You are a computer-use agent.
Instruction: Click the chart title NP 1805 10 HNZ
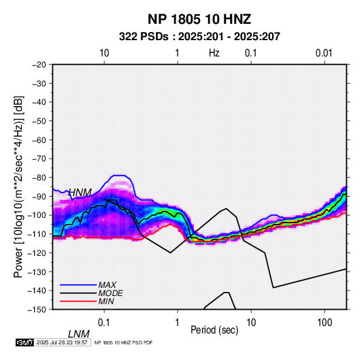pyautogui.click(x=199, y=19)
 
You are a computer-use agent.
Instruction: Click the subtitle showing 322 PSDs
pyautogui.click(x=199, y=37)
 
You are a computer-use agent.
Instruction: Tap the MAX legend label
pyautogui.click(x=107, y=284)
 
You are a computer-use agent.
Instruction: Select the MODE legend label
pyautogui.click(x=110, y=293)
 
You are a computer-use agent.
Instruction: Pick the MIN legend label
pyautogui.click(x=106, y=301)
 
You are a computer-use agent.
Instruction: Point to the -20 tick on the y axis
pyautogui.click(x=39, y=65)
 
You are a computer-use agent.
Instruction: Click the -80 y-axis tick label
pyautogui.click(x=39, y=178)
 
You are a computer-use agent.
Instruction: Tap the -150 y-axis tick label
pyautogui.click(x=37, y=310)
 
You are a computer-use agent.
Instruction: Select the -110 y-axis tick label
pyautogui.click(x=37, y=234)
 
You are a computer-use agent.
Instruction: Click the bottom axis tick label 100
pyautogui.click(x=325, y=323)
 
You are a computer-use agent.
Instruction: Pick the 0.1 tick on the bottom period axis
pyautogui.click(x=104, y=323)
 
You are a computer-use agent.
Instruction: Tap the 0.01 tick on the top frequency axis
pyautogui.click(x=324, y=53)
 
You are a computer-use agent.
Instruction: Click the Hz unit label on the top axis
pyautogui.click(x=214, y=53)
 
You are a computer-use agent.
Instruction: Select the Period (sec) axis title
pyautogui.click(x=214, y=330)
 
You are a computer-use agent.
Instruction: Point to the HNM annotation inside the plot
pyautogui.click(x=80, y=193)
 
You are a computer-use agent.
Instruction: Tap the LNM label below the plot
pyautogui.click(x=79, y=334)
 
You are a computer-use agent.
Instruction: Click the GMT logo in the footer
pyautogui.click(x=25, y=342)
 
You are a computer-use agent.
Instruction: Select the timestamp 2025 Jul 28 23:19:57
pyautogui.click(x=62, y=342)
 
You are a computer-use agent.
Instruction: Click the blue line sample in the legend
pyautogui.click(x=78, y=285)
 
